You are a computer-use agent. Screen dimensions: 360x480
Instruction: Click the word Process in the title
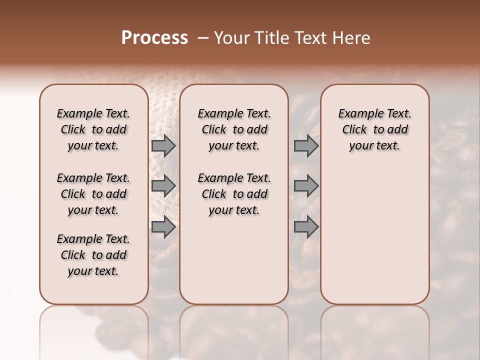154,38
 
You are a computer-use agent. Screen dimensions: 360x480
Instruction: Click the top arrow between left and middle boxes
163,145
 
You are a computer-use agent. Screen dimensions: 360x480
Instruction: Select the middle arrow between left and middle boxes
163,186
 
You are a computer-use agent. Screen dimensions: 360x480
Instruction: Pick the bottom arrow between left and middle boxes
163,227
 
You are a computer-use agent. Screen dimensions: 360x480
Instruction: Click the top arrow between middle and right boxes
306,145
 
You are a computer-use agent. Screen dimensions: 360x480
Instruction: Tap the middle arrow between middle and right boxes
306,186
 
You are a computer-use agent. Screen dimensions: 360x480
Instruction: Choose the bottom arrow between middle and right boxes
306,227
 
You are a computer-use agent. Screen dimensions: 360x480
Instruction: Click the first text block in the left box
93,129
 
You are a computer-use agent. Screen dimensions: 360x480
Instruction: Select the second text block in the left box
93,194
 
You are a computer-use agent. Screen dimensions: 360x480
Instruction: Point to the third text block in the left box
93,255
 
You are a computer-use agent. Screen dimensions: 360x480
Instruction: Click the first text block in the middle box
234,129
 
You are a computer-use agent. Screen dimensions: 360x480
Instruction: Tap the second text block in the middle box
234,194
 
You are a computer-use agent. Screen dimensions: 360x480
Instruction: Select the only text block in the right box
374,129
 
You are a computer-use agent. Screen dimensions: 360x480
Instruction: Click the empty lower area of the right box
374,235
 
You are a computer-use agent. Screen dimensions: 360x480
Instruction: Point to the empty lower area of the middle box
234,260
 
